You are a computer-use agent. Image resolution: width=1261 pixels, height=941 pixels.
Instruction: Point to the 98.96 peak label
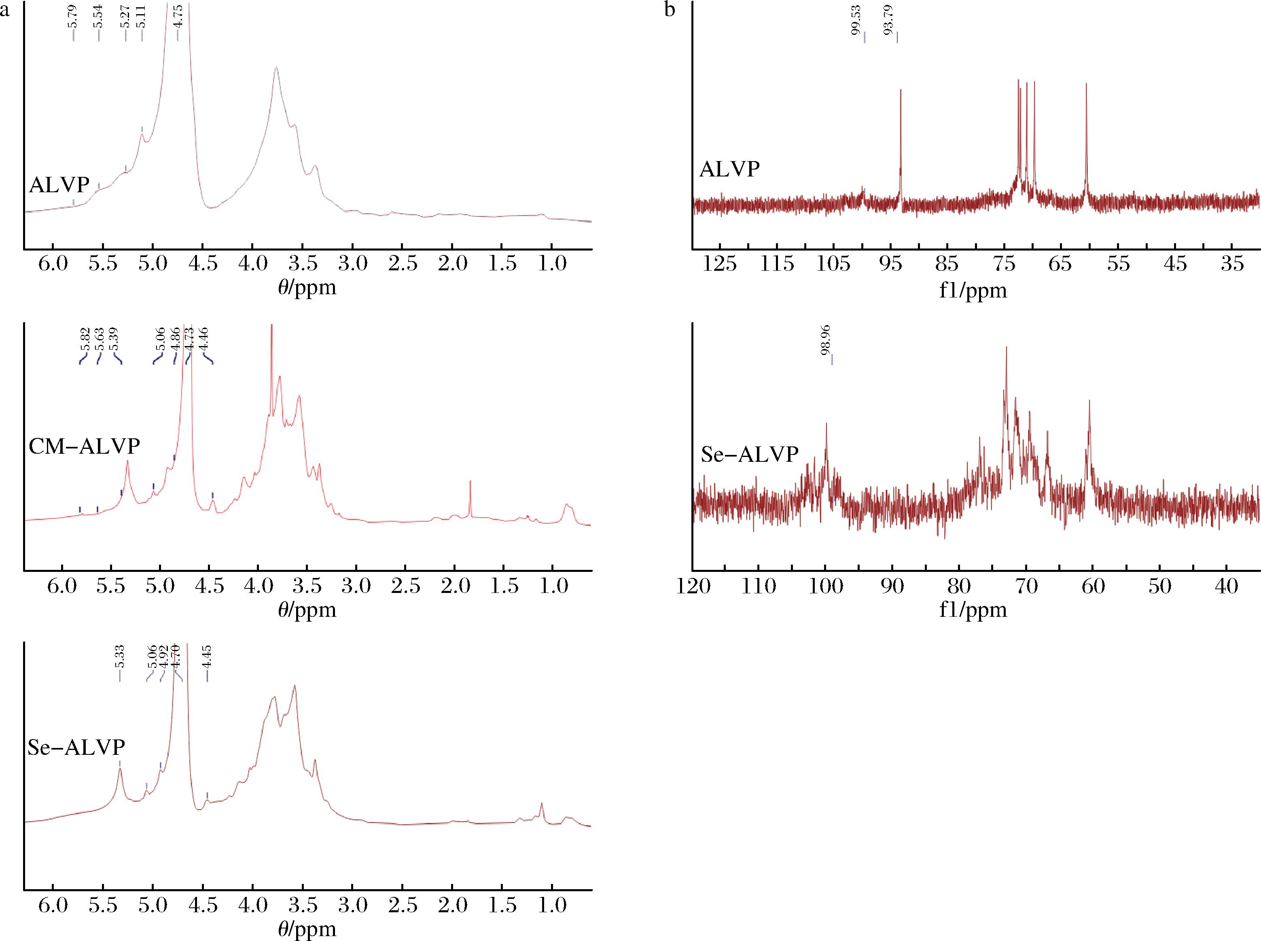tap(825, 340)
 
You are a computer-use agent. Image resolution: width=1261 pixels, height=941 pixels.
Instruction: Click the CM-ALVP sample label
tap(84, 446)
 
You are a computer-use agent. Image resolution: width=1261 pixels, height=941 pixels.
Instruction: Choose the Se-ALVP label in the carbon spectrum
tap(749, 454)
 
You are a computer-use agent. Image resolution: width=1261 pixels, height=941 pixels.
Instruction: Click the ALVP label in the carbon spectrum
tap(729, 169)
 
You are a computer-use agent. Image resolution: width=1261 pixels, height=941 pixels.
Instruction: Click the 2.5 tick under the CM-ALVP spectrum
tap(406, 586)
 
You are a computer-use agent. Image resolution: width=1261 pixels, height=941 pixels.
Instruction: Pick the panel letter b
tap(670, 9)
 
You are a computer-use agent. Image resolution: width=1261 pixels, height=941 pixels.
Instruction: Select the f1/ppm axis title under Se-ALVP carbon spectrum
tap(973, 610)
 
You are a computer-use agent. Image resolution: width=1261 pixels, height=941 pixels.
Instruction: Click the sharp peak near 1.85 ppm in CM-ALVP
tap(470, 482)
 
